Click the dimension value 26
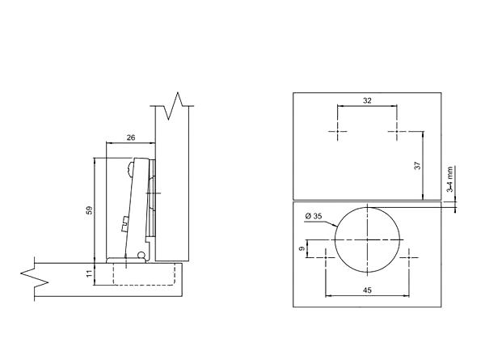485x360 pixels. [x=132, y=138]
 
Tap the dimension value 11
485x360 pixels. [x=89, y=274]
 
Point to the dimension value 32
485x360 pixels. [x=368, y=101]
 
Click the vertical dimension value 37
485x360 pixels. [x=417, y=166]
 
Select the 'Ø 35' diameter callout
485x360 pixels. [x=314, y=216]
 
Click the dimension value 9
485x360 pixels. [x=302, y=249]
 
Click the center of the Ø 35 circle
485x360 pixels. [x=368, y=239]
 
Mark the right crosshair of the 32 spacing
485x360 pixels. [x=397, y=130]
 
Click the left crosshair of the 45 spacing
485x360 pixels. [x=326, y=256]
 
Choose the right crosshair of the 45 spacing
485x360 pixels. [x=409, y=256]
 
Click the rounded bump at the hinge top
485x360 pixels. [x=132, y=170]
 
